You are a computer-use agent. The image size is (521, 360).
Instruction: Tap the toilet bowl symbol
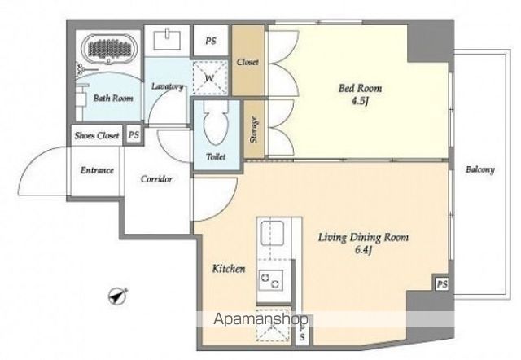(x=217, y=123)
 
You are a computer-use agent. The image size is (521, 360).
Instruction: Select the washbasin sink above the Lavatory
(x=167, y=40)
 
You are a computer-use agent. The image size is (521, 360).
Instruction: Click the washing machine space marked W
(x=210, y=77)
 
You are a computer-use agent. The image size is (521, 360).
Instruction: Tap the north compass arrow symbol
(x=118, y=295)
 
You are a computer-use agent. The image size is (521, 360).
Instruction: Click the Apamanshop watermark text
(x=260, y=319)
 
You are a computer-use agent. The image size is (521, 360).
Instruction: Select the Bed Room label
(x=360, y=88)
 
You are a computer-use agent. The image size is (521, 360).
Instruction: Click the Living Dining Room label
(x=364, y=237)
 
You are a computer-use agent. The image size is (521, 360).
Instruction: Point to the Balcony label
(x=480, y=169)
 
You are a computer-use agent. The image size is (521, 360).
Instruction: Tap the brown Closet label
(x=247, y=62)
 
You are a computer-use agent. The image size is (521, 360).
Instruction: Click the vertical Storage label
(x=255, y=130)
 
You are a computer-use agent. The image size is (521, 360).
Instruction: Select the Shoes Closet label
(x=97, y=136)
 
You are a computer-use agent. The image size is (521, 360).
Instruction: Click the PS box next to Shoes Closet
(x=134, y=135)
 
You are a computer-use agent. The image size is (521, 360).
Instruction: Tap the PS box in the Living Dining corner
(x=442, y=284)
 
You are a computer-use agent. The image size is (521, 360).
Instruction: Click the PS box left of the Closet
(x=211, y=41)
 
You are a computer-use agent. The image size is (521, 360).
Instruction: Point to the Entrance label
(x=98, y=170)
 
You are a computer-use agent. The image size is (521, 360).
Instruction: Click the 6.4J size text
(x=364, y=250)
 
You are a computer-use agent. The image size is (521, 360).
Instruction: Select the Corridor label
(x=156, y=179)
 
